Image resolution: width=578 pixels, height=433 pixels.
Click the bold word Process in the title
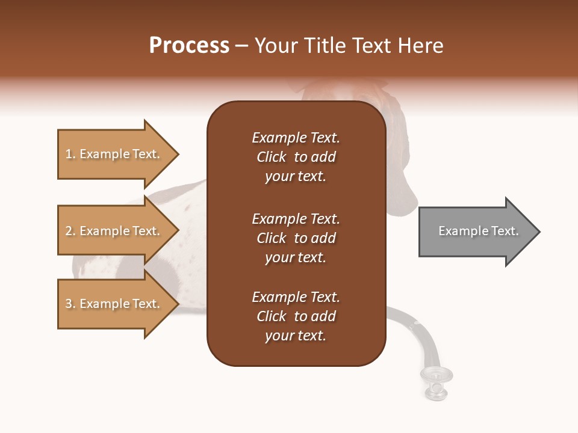pos(189,46)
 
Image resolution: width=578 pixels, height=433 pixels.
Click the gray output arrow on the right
pos(476,232)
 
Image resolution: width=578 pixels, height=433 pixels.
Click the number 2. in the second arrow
pos(70,231)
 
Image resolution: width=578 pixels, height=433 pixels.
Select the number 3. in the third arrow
pos(70,304)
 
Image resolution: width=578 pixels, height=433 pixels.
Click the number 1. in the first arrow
pos(70,154)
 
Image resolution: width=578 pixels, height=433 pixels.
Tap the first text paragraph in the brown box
pos(296,157)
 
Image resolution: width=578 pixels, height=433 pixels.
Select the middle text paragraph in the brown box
pos(296,238)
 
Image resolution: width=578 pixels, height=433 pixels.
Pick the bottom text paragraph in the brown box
pos(296,316)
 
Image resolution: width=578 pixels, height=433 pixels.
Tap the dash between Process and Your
pos(242,46)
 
